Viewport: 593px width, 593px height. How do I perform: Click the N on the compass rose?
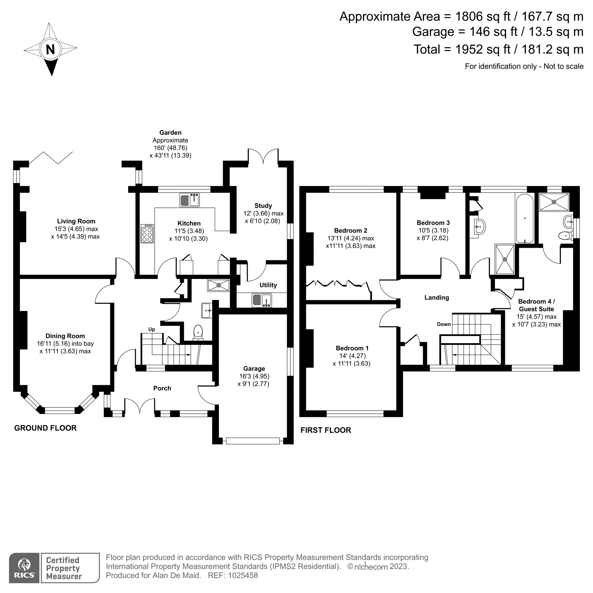[50, 49]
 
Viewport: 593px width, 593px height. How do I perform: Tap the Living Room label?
[76, 221]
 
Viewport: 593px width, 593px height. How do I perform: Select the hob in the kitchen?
[147, 234]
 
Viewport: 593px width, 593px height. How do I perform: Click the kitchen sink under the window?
[189, 200]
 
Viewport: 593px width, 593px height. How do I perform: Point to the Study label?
[263, 206]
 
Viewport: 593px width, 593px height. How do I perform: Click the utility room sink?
[262, 300]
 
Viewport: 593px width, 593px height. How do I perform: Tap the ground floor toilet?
[198, 333]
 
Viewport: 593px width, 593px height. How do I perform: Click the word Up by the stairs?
[152, 329]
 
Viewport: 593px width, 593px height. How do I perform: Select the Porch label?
[162, 388]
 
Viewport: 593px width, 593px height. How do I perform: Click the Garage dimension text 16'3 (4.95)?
[254, 376]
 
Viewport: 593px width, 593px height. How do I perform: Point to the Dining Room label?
[65, 336]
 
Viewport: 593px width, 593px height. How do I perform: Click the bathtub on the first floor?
[525, 219]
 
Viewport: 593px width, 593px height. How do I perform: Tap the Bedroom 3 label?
[433, 223]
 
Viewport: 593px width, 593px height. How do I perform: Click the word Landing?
[436, 297]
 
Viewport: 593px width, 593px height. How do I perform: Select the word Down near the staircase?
[444, 324]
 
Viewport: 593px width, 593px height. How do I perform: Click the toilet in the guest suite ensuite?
[565, 236]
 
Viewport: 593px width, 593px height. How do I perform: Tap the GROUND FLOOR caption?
[45, 428]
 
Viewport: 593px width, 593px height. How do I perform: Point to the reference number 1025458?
[243, 576]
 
